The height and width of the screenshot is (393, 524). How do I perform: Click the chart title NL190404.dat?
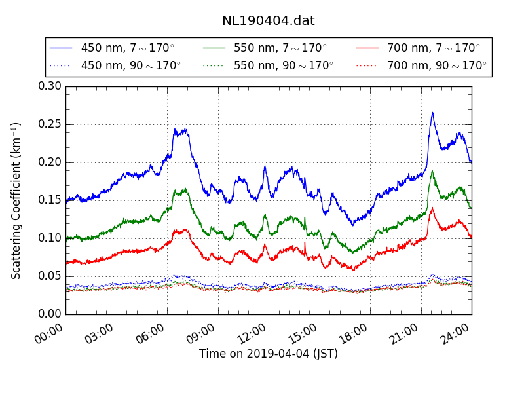[x=268, y=21]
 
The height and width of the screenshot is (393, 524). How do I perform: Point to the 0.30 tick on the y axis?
[x=50, y=86]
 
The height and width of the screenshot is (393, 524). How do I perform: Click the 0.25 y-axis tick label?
[x=50, y=124]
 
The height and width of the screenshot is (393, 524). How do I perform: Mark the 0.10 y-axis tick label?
[x=50, y=238]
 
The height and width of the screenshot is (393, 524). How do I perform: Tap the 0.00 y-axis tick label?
[x=50, y=314]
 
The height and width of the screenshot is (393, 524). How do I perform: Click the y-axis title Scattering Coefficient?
[x=17, y=200]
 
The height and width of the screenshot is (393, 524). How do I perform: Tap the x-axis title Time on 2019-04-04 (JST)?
[x=268, y=354]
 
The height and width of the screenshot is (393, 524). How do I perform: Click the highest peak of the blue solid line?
[x=432, y=112]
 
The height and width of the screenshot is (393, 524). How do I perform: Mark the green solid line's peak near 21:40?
[x=432, y=171]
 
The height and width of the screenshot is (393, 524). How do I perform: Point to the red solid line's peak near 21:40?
[x=432, y=208]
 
